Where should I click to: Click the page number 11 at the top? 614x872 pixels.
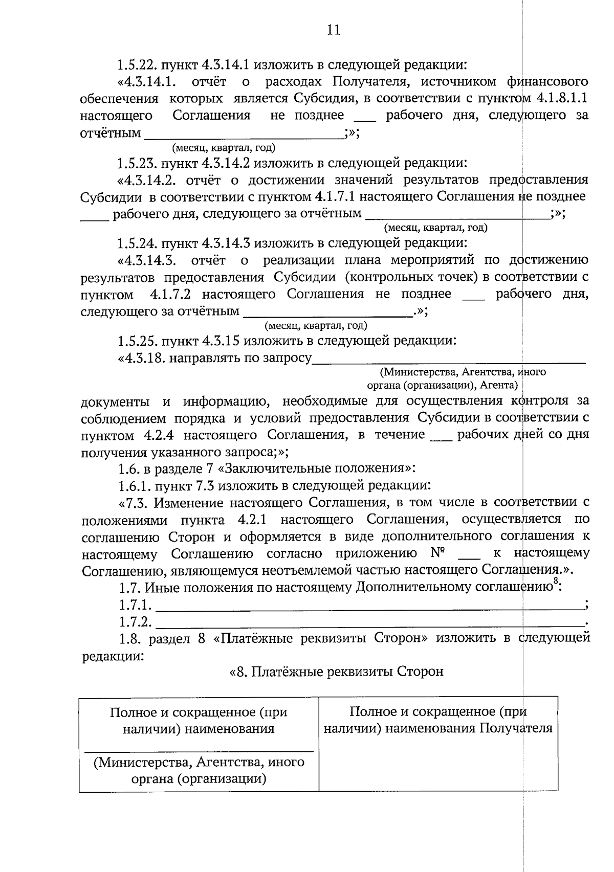coord(333,30)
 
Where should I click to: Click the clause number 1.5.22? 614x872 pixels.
coord(137,65)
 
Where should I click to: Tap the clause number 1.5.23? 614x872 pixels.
coord(137,164)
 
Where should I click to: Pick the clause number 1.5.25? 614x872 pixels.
coord(137,341)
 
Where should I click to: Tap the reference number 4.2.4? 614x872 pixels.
coord(156,435)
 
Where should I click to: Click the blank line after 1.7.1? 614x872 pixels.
coord(368,609)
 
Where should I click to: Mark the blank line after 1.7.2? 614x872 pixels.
coord(368,625)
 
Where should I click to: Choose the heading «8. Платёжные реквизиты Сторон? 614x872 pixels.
coord(336,672)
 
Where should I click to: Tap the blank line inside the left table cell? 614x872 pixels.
coord(199,751)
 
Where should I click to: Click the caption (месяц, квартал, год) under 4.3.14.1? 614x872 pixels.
coord(224,148)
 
